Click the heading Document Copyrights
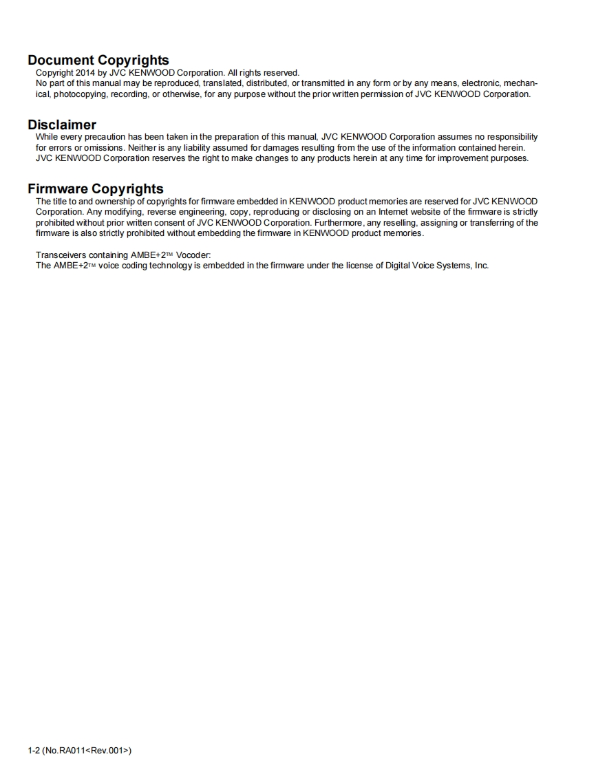(98, 61)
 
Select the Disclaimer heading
(62, 125)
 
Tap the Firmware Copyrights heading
(96, 189)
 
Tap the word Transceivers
(61, 255)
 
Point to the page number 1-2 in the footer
(33, 750)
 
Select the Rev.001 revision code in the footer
(109, 750)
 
